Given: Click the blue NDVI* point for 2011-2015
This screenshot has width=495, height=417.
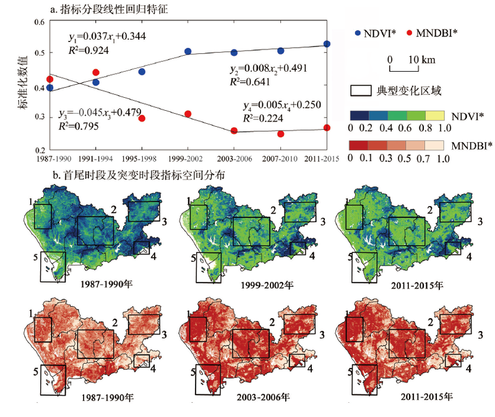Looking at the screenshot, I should tap(327, 45).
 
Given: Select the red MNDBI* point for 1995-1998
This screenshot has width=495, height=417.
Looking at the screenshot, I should tap(142, 118).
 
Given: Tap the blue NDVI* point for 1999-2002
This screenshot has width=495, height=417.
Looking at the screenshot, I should tap(188, 51).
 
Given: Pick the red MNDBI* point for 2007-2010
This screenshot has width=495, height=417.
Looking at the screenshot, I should tap(281, 134).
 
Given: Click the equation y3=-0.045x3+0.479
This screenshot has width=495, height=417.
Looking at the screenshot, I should tap(97, 113).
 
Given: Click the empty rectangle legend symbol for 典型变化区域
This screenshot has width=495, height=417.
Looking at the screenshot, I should tap(361, 90).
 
